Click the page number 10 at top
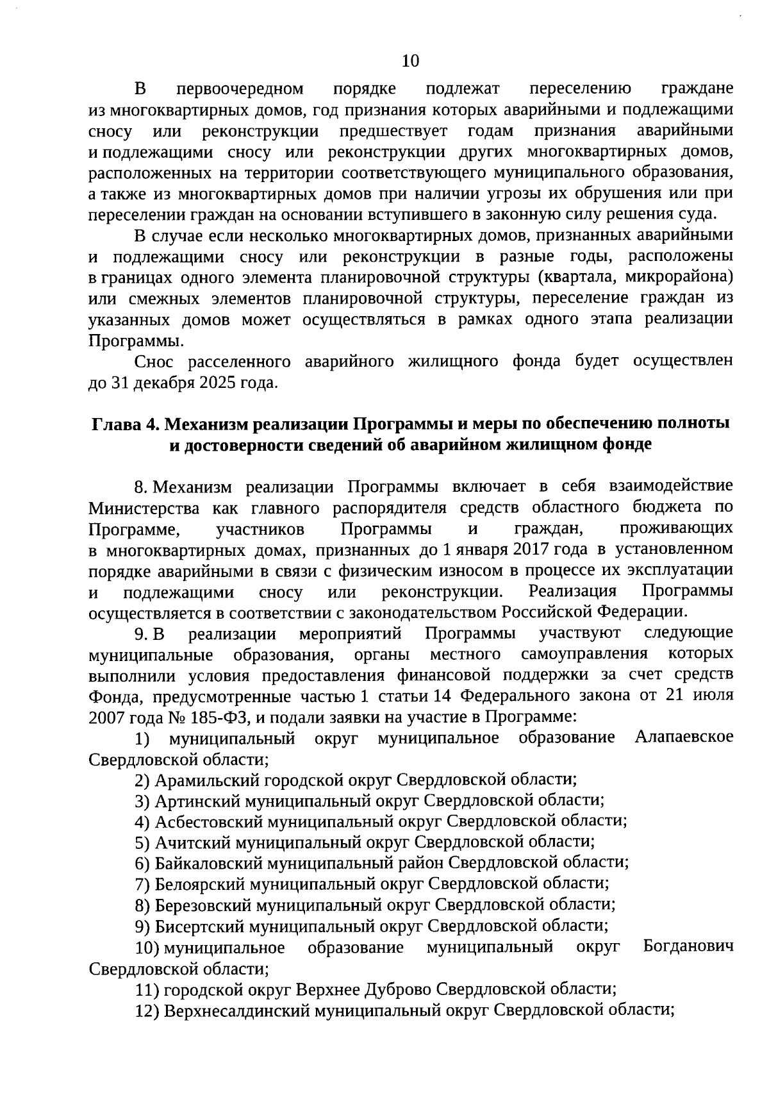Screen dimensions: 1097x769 coord(409,61)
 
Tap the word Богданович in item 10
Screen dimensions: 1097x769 coord(688,947)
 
